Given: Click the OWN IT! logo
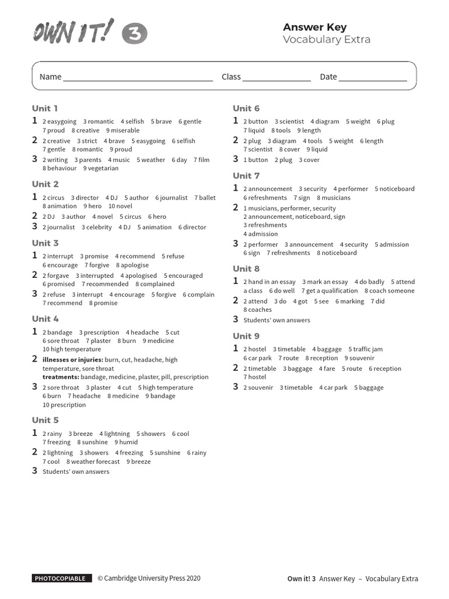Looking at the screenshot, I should (x=73, y=32).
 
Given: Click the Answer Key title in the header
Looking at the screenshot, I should (x=315, y=27).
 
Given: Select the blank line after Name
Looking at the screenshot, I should (x=138, y=78).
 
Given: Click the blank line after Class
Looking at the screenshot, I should (x=277, y=78).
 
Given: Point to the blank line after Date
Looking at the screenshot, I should (x=372, y=78).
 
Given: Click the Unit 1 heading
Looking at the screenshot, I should (x=45, y=108).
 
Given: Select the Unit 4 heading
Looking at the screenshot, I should (x=46, y=319).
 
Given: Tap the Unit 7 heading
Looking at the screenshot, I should (x=246, y=175).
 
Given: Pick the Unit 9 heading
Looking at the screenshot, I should (x=246, y=336).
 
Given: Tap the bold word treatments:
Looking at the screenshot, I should (x=61, y=377).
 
